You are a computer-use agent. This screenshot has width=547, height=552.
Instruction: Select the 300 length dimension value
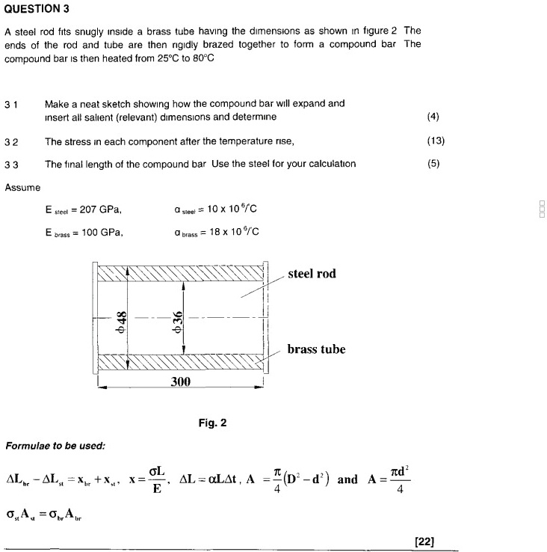click(182, 381)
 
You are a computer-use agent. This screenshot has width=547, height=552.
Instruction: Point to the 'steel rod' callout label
click(312, 274)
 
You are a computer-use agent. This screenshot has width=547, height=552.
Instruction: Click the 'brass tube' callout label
click(316, 349)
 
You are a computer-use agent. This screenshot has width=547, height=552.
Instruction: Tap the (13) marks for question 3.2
click(436, 141)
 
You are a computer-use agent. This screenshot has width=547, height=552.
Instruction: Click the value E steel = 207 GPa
click(83, 209)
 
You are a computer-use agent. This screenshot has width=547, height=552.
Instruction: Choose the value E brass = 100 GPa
click(84, 233)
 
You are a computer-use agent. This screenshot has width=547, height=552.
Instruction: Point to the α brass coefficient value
click(216, 233)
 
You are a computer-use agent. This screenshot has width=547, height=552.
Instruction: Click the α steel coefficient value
click(214, 209)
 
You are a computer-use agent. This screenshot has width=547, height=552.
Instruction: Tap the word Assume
click(22, 187)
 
